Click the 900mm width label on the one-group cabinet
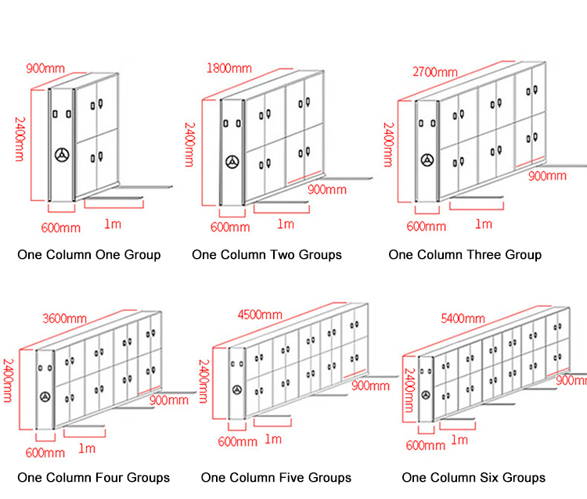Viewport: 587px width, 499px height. coord(45,68)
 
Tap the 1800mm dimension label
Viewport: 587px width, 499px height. coord(229,68)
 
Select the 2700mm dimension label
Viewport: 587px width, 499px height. coord(435,71)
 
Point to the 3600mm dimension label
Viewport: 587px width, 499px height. coord(64,318)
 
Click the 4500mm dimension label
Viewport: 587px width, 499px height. coord(260,314)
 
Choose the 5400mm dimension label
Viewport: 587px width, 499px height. coord(463,318)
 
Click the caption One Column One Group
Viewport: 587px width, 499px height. coord(89,255)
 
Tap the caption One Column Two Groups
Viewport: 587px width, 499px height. coord(267,255)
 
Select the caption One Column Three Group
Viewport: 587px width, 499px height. coord(465,255)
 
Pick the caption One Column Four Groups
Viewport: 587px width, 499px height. coord(94,478)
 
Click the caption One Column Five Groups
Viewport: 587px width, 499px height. coord(276,478)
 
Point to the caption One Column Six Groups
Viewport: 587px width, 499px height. coord(474,478)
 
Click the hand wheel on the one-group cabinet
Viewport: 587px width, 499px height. coord(62,155)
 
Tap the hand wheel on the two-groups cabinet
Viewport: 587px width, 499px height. coord(232,162)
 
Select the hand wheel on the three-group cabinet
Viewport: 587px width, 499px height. coord(427,160)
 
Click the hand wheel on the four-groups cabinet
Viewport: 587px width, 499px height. coord(45,397)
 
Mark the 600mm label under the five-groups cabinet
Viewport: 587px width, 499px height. coord(238,442)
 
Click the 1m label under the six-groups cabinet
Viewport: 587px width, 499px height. coord(459,440)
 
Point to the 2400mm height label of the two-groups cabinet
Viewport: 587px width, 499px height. coord(190,145)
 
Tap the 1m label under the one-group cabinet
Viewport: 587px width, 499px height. coord(113,224)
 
